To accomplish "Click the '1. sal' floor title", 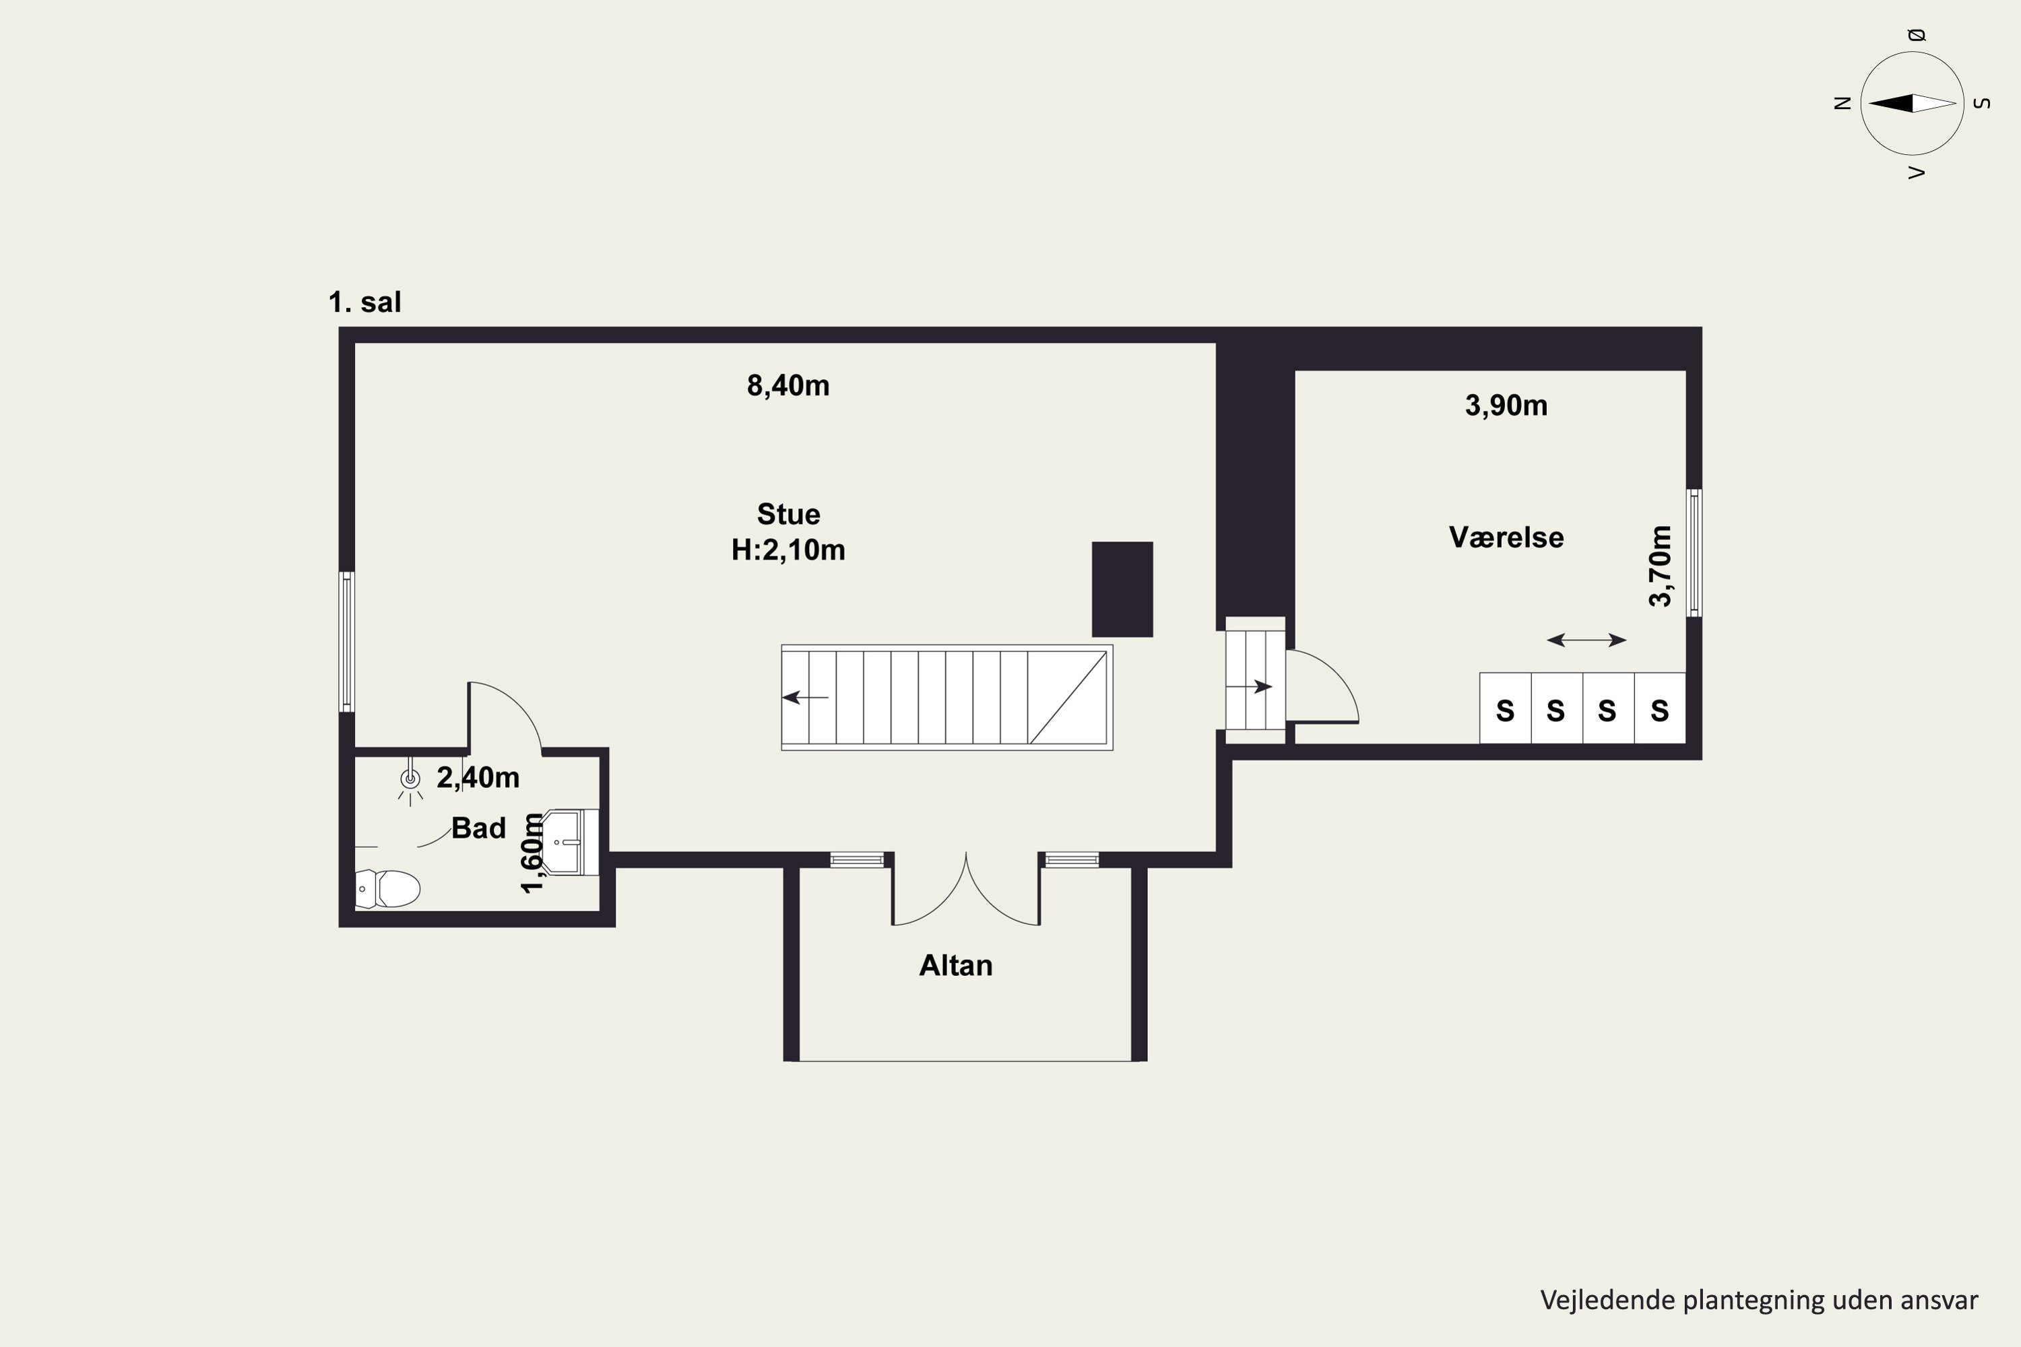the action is coord(364,302).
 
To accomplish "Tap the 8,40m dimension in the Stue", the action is coord(788,386).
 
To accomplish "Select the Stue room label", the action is coord(788,514).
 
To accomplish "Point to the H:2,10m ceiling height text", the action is coord(788,550).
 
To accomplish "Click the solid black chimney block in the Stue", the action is coord(1122,589).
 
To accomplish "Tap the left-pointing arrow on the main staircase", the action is coord(805,698).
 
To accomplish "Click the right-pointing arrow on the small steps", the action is coord(1248,686).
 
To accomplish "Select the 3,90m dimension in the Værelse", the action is coord(1506,405).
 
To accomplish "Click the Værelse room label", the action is coord(1506,537).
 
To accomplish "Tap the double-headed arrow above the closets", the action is coord(1586,640).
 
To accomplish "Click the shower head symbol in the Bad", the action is coord(411,780).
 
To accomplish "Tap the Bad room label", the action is coord(478,828).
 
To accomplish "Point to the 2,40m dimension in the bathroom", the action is coord(478,777).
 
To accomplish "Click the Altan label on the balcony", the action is coord(955,966).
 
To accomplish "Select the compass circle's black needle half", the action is coord(1890,103).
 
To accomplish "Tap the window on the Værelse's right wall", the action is coord(1694,552).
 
